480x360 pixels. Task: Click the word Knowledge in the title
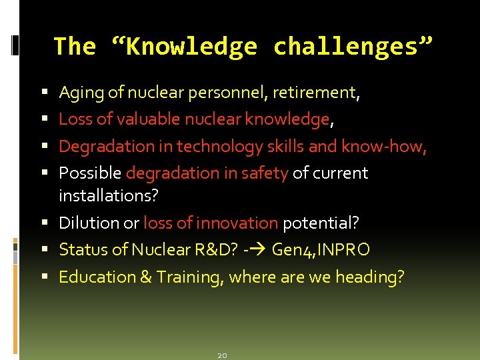pos(190,47)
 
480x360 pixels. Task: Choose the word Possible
pos(90,173)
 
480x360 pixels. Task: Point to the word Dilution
pos(85,223)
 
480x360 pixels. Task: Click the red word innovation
pos(241,223)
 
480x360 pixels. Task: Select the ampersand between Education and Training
pos(145,277)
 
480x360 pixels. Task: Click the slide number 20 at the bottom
pos(223,355)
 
